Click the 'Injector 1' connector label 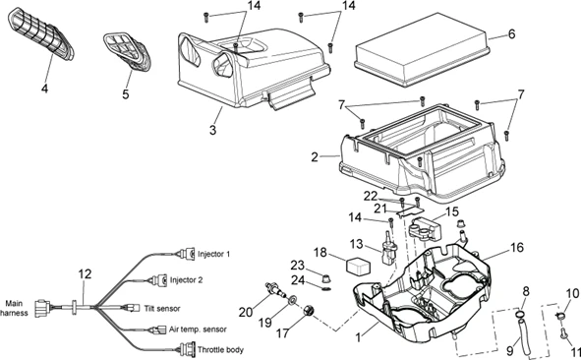[213, 254]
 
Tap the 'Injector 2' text [187, 280]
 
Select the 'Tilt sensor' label [162, 309]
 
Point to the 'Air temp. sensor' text [198, 330]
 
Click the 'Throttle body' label [220, 349]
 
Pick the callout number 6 [512, 34]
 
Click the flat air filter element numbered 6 [421, 49]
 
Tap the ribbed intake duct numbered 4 [40, 33]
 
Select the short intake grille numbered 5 [127, 51]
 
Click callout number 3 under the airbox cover [212, 130]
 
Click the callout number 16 [516, 247]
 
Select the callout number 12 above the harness [85, 274]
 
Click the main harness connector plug [42, 309]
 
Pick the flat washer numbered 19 [292, 299]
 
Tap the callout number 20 [246, 313]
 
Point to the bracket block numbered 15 [426, 228]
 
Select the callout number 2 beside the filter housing [315, 157]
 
